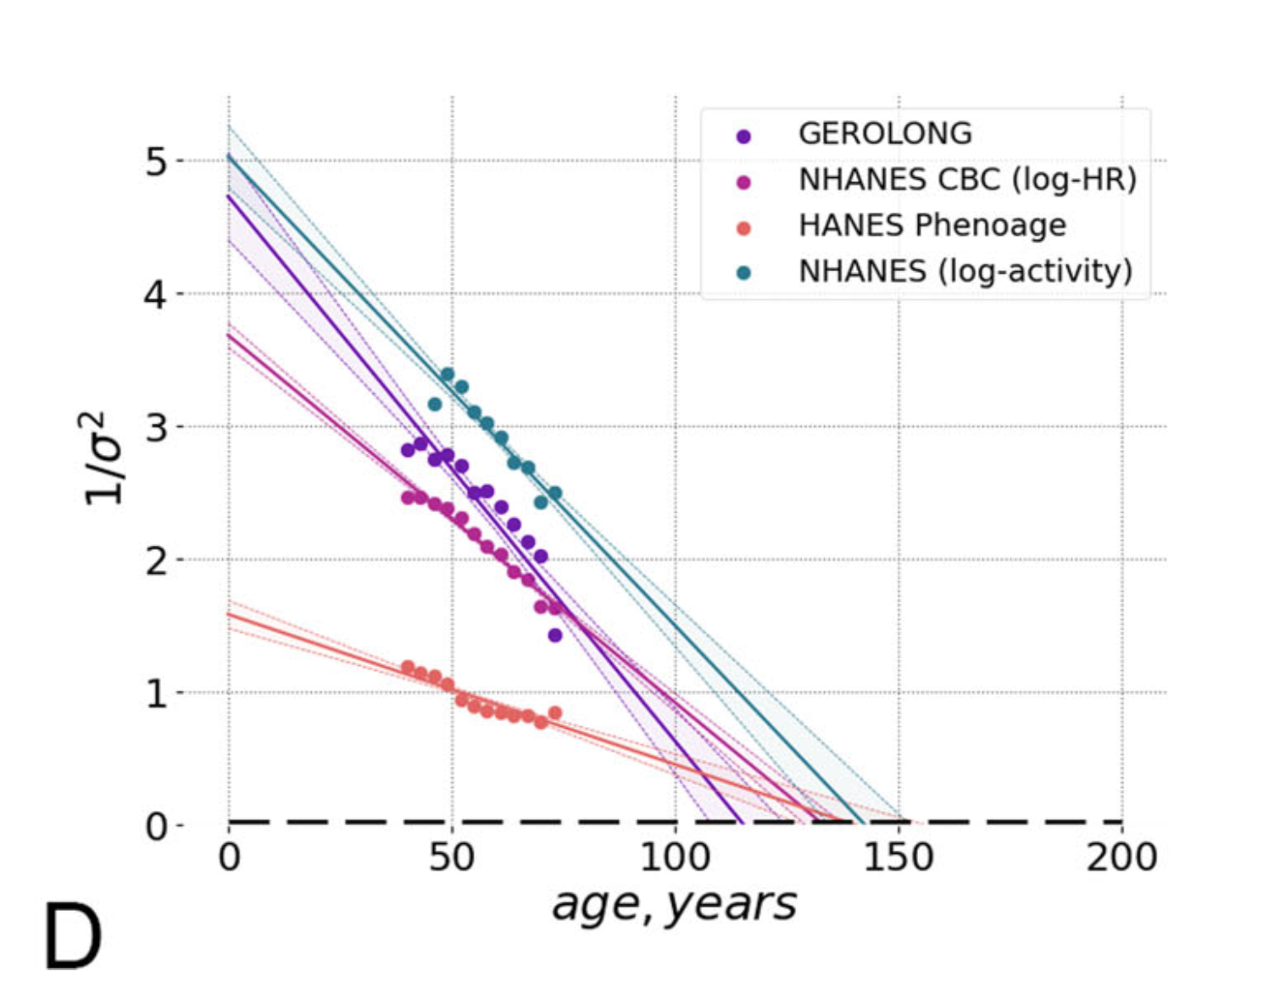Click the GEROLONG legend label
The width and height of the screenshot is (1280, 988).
point(885,134)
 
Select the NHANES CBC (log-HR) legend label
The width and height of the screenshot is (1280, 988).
point(967,180)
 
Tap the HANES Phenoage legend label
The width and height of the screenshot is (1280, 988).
point(932,225)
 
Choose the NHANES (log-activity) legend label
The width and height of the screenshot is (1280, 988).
point(966,271)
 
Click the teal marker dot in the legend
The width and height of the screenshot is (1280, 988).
point(743,273)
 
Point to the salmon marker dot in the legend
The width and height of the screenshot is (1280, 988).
point(743,228)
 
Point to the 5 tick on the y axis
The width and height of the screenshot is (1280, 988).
point(156,161)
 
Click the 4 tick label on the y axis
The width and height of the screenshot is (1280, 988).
point(156,295)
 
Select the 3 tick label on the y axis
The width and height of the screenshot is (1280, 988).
point(156,427)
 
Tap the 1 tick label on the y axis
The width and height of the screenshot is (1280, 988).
point(156,694)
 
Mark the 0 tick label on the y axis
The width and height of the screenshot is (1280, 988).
point(156,826)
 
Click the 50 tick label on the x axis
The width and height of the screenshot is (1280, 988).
point(451,858)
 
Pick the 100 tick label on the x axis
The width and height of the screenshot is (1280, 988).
point(675,858)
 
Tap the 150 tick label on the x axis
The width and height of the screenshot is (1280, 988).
point(898,858)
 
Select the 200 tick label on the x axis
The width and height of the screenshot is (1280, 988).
point(1121,858)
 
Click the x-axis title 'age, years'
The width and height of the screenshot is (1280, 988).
point(674,904)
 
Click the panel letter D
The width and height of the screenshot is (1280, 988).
point(72,937)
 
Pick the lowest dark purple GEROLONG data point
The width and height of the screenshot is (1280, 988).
point(555,636)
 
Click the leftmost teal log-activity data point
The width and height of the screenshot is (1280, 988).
point(435,404)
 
